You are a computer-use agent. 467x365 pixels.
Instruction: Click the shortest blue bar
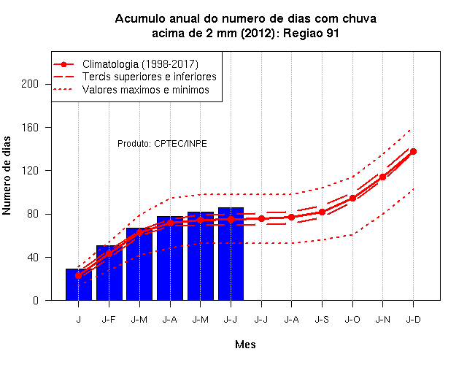79,285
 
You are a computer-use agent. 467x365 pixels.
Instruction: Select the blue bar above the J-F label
109,273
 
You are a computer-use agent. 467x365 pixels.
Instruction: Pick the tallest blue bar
231,254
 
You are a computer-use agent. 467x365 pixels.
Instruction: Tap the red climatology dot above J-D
413,152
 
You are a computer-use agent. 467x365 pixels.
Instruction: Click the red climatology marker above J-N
382,177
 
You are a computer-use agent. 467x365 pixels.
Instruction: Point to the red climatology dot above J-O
352,198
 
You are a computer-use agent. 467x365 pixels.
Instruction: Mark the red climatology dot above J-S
322,212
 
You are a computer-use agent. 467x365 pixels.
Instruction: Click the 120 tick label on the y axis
30,171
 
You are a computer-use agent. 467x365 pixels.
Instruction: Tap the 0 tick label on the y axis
36,300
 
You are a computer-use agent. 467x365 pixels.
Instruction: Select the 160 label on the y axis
30,128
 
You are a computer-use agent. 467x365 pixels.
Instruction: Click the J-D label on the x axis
414,320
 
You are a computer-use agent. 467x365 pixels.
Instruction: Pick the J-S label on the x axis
322,320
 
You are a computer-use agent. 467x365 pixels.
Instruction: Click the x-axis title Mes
245,345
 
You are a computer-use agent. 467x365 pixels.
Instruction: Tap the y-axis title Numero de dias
7,175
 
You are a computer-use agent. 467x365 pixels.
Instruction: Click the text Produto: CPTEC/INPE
162,144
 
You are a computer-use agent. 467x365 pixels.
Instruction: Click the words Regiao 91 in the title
311,33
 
